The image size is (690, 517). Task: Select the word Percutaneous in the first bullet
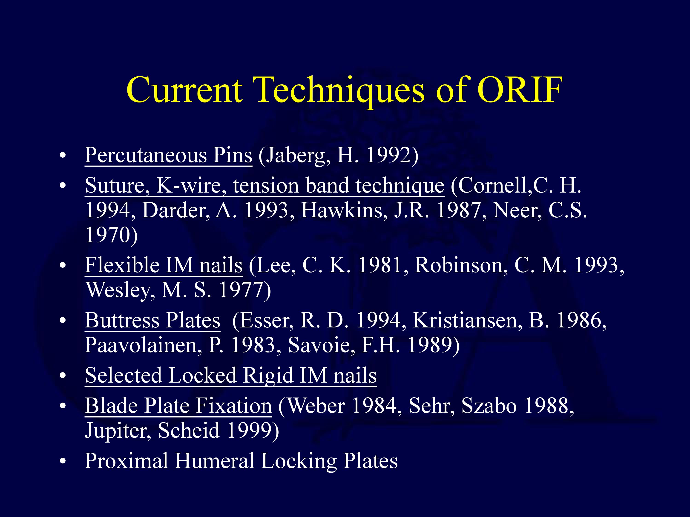[x=146, y=155]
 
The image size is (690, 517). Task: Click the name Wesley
[x=120, y=290]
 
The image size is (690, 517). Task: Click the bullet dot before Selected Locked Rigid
[x=63, y=376]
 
